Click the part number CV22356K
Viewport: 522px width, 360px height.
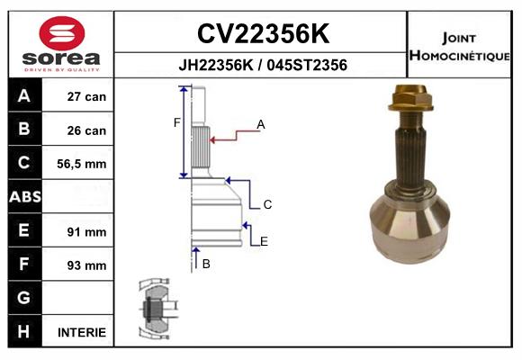pos(262,34)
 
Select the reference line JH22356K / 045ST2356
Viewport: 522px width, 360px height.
pos(262,66)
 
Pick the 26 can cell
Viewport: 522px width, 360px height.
pos(86,130)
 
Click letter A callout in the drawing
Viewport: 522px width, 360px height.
pos(261,124)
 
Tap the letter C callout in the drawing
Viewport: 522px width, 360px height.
pos(267,205)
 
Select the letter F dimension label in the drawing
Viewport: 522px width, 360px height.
pos(177,122)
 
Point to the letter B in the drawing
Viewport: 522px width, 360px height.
pos(206,264)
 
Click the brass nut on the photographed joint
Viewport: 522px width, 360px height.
pos(409,94)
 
